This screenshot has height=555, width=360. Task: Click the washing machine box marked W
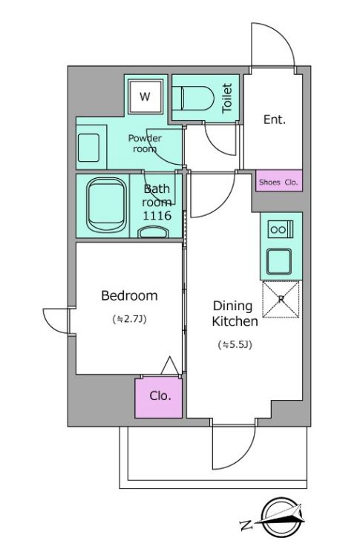[145, 96]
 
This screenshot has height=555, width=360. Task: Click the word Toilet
[227, 98]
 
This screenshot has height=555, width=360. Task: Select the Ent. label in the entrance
[275, 119]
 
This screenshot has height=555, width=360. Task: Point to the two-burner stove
[281, 229]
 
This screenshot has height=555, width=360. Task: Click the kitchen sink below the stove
[279, 261]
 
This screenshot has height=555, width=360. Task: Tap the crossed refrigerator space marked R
[281, 299]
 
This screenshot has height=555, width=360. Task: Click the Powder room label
[145, 143]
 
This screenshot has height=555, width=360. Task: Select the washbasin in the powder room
[88, 148]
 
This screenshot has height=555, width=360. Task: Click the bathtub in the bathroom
[106, 205]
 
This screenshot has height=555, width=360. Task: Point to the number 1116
[157, 215]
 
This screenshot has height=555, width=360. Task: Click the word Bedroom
[129, 295]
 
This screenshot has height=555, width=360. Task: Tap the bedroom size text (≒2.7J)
[130, 319]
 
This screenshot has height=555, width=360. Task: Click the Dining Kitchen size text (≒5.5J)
[235, 345]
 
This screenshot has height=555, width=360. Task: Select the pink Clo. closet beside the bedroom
[159, 397]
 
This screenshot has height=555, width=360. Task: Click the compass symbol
[281, 517]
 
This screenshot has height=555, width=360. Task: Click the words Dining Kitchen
[235, 314]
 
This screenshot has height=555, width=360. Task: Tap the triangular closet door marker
[170, 366]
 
